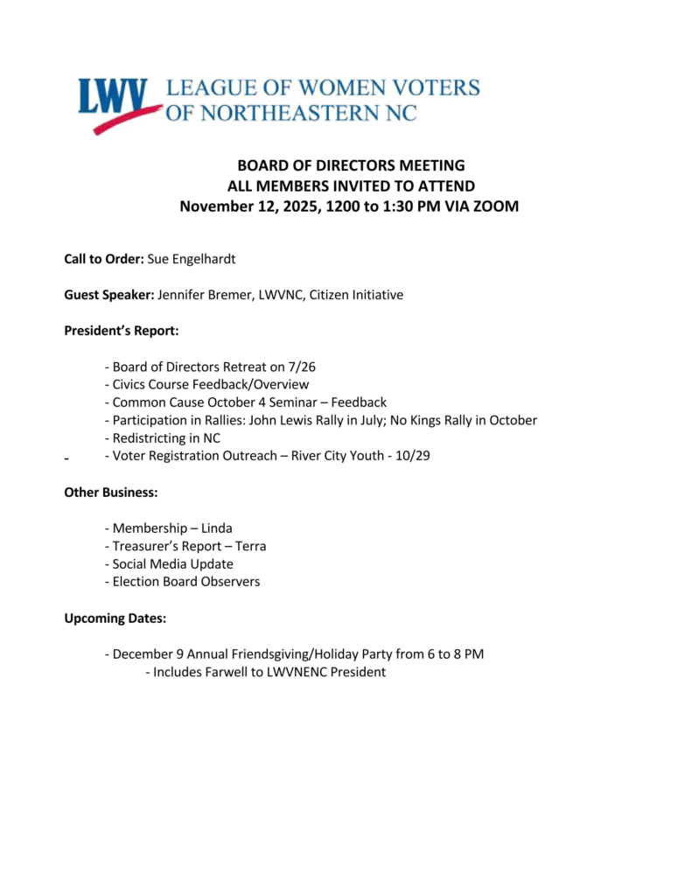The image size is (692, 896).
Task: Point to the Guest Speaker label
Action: tap(109, 295)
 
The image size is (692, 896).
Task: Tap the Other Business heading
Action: tap(111, 493)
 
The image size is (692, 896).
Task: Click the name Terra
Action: tap(249, 546)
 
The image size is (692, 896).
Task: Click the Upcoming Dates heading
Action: tap(115, 619)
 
